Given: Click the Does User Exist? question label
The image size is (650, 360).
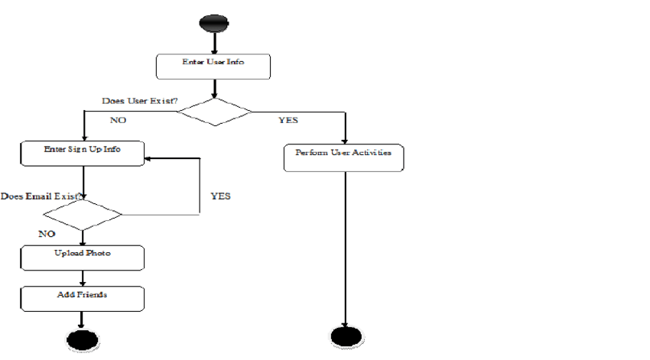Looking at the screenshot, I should (139, 101).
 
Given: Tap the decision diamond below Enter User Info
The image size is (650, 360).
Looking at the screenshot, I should (214, 112).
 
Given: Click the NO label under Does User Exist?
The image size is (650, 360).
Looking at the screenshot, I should (119, 120).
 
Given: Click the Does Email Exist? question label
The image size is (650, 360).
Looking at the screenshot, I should (43, 196).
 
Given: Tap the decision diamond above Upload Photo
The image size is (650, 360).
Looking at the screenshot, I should (82, 214).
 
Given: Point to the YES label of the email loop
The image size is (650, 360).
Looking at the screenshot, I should (220, 196).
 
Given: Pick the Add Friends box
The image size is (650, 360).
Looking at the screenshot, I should (83, 298).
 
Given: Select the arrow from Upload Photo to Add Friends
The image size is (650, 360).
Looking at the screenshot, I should (83, 277).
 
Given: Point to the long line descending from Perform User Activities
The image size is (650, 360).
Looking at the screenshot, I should (346, 245).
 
